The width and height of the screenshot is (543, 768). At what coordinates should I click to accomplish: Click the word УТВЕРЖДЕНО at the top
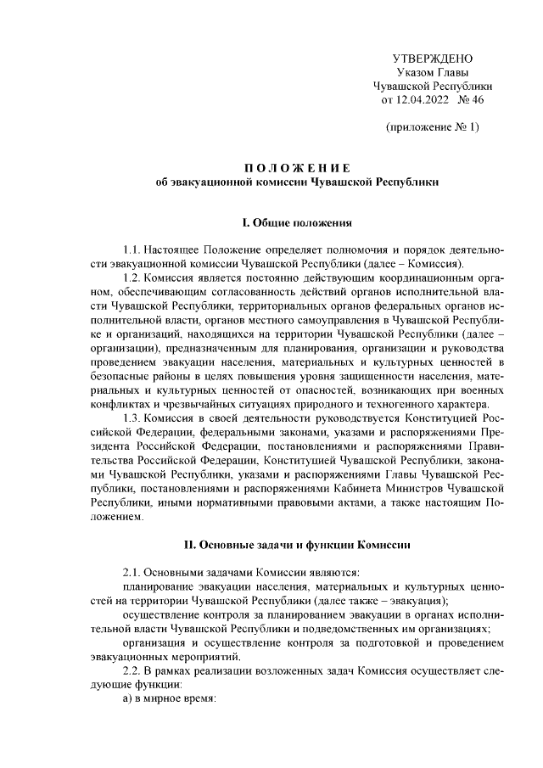[432, 58]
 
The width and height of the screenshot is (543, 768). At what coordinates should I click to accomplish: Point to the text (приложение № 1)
[432, 127]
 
